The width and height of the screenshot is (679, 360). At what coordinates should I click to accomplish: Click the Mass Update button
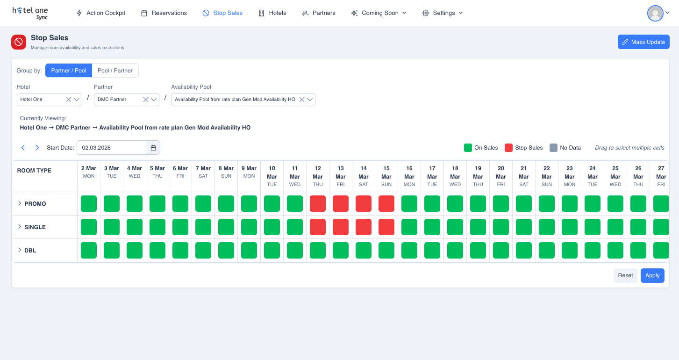click(x=643, y=42)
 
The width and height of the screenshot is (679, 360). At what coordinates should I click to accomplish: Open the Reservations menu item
click(x=164, y=13)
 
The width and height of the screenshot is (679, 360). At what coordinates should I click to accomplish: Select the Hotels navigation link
click(x=272, y=13)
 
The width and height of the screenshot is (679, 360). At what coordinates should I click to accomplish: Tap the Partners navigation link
click(x=319, y=13)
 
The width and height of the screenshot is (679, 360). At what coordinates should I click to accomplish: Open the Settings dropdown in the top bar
click(x=443, y=13)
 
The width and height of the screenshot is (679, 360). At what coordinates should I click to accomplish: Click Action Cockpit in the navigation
click(x=101, y=13)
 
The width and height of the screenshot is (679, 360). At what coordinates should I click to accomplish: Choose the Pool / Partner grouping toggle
click(x=115, y=71)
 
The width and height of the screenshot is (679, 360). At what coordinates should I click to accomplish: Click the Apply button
click(x=652, y=275)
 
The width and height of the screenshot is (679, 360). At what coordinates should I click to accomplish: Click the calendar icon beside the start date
click(x=153, y=148)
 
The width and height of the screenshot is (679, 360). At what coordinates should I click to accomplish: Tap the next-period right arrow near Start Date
click(x=37, y=148)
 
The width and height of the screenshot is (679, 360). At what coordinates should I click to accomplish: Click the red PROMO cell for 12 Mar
click(x=318, y=204)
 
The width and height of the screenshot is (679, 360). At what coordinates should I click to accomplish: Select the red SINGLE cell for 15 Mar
click(x=386, y=227)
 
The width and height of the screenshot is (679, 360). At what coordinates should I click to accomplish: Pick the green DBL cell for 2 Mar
click(x=89, y=251)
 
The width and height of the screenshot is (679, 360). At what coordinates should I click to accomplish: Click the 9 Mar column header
click(x=249, y=172)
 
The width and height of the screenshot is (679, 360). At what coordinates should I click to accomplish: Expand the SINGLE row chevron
click(x=20, y=227)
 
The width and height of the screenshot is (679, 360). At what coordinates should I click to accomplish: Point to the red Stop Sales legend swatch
click(x=509, y=148)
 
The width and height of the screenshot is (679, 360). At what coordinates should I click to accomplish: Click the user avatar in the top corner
click(x=655, y=13)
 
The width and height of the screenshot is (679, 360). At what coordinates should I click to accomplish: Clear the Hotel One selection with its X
click(x=69, y=100)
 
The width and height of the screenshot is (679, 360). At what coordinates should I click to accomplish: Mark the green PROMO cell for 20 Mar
click(x=501, y=204)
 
